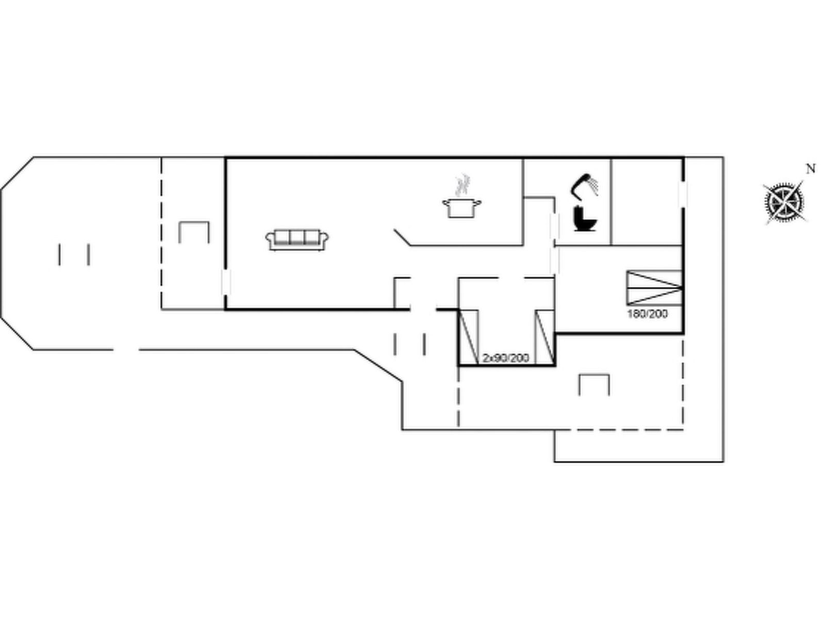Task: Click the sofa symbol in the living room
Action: tap(297, 240)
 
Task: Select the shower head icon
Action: tap(585, 185)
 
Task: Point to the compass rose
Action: tap(784, 203)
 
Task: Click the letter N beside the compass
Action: tap(811, 169)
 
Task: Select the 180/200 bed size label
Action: tap(647, 314)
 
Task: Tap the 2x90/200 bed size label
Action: tap(505, 358)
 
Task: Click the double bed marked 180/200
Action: tap(654, 287)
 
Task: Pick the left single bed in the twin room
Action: tap(469, 337)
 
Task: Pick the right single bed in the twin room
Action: tap(545, 337)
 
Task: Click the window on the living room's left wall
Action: tap(226, 282)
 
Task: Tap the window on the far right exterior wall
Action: tap(683, 193)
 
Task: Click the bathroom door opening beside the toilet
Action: tap(554, 225)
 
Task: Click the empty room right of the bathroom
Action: tap(647, 202)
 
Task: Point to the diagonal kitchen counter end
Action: tap(402, 237)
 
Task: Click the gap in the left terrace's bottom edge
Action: tap(126, 350)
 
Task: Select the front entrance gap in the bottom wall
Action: tap(423, 309)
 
